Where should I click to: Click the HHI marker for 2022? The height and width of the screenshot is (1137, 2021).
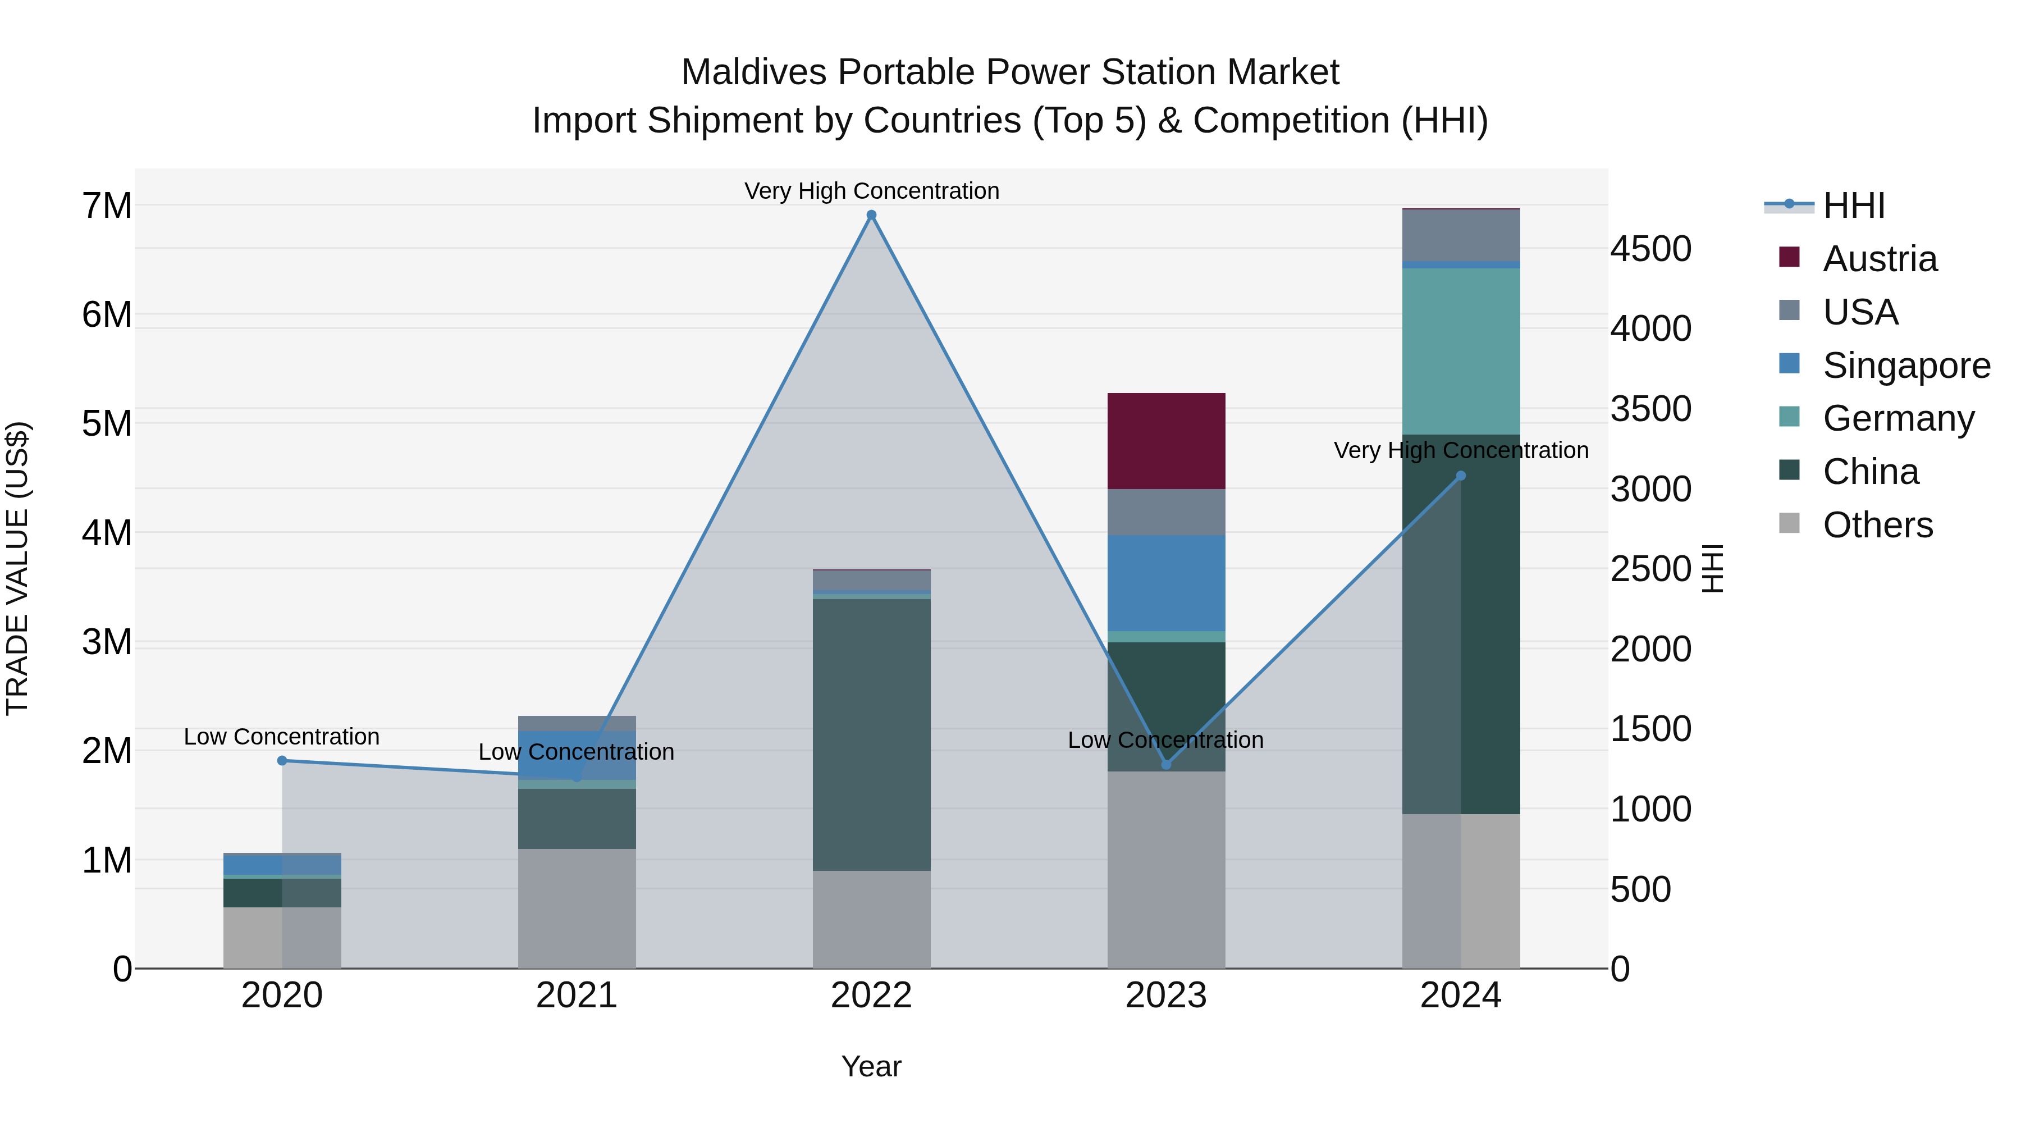[x=871, y=215]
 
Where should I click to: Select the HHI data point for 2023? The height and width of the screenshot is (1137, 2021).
[x=1166, y=764]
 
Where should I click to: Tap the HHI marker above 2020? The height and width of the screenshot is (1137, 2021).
[x=282, y=760]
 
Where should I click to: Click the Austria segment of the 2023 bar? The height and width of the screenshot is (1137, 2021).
[x=1166, y=441]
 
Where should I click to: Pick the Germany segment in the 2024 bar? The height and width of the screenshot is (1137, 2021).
[x=1460, y=351]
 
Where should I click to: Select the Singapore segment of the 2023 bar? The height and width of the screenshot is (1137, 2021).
[x=1166, y=583]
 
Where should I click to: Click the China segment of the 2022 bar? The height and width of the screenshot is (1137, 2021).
[x=871, y=734]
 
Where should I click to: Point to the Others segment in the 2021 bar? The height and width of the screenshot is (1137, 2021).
[x=577, y=908]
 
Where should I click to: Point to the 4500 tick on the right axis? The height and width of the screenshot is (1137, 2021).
[x=1650, y=249]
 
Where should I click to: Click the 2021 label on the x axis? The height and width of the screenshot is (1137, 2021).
[x=577, y=996]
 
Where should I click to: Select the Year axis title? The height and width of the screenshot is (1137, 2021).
[x=871, y=1066]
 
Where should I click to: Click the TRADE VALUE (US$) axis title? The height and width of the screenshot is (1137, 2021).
[x=17, y=568]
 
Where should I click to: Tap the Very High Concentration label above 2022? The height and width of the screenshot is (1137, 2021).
[x=871, y=191]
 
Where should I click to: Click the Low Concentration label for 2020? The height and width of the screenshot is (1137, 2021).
[x=282, y=737]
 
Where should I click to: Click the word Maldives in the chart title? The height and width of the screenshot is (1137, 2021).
[x=753, y=72]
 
